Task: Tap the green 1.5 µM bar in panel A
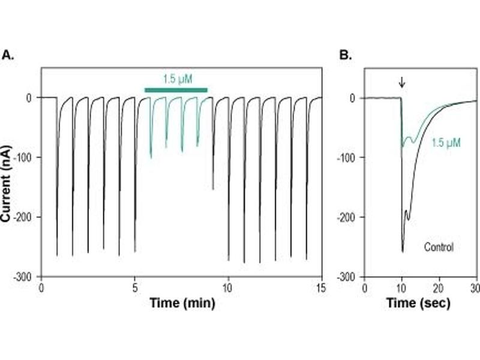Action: click(x=176, y=90)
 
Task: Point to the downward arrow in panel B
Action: click(x=401, y=82)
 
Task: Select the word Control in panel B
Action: click(x=439, y=247)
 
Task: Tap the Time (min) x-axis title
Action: click(x=182, y=303)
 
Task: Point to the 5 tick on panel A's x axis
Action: click(x=134, y=287)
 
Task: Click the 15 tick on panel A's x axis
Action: click(x=321, y=287)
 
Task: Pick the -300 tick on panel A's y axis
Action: click(x=26, y=276)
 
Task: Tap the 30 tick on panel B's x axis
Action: click(x=476, y=287)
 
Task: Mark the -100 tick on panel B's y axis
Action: click(x=349, y=157)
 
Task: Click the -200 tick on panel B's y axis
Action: click(x=349, y=217)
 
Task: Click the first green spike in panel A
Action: click(x=151, y=157)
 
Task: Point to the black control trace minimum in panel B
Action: click(x=402, y=251)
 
